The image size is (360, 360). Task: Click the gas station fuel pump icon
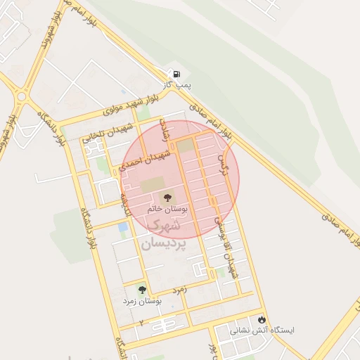pyautogui.click(x=175, y=74)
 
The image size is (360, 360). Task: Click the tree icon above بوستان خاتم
pyautogui.click(x=167, y=198)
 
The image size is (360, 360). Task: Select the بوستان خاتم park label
pyautogui.click(x=166, y=210)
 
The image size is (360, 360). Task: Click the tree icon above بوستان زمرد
pyautogui.click(x=142, y=289)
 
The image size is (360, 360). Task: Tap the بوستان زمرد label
pyautogui.click(x=142, y=301)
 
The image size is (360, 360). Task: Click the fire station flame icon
pyautogui.click(x=262, y=319)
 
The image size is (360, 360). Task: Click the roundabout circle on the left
pyautogui.click(x=22, y=96)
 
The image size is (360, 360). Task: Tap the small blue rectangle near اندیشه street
pyautogui.click(x=123, y=227)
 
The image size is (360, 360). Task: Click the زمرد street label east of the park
pyautogui.click(x=180, y=288)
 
